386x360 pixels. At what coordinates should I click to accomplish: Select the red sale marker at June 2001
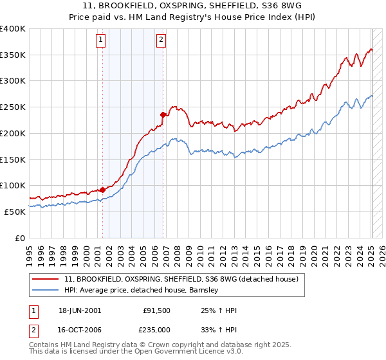(x=102, y=190)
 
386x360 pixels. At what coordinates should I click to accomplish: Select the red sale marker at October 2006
(x=163, y=114)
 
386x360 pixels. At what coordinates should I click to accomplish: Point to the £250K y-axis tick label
(x=13, y=107)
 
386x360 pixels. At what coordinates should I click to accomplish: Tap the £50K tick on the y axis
(x=15, y=212)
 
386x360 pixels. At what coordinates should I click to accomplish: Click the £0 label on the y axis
(x=20, y=238)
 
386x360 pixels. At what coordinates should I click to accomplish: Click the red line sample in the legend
(x=46, y=280)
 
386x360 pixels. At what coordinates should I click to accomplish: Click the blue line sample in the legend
(x=46, y=291)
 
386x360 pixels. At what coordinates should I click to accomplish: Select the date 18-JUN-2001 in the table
(x=78, y=310)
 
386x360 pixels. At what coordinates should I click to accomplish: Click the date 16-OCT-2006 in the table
(x=78, y=328)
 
